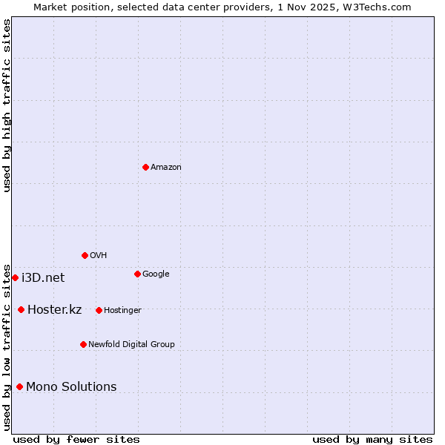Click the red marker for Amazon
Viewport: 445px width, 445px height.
click(145, 167)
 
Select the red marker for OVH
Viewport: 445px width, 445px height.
click(85, 255)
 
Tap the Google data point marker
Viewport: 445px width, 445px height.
click(137, 274)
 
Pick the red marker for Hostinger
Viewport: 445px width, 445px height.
click(99, 310)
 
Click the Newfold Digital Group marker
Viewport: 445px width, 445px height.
click(83, 344)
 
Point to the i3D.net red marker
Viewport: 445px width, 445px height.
click(15, 277)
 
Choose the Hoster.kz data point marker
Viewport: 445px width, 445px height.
click(21, 309)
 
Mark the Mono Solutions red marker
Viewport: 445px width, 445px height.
click(19, 386)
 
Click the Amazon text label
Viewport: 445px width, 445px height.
click(166, 168)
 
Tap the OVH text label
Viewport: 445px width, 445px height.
click(99, 256)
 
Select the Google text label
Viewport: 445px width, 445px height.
click(156, 274)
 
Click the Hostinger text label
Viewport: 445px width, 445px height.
click(122, 310)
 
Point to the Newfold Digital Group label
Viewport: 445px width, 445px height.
click(131, 345)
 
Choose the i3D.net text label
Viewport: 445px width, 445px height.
click(43, 278)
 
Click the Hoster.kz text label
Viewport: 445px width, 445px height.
click(54, 310)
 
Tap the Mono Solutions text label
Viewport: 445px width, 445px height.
click(71, 387)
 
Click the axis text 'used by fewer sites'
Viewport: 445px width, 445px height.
click(76, 439)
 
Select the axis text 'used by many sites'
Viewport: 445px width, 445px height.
click(372, 439)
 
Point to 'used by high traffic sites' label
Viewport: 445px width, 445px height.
click(7, 105)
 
